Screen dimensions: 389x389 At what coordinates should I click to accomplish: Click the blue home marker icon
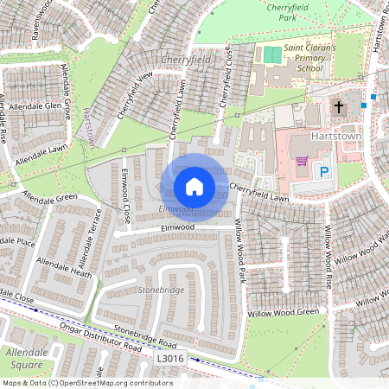point(194,187)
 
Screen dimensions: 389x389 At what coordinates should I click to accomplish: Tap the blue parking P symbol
point(325,173)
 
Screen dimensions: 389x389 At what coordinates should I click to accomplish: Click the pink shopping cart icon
point(302,162)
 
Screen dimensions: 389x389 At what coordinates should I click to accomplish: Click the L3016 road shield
point(171,356)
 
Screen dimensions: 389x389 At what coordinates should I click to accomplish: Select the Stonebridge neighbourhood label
point(161,290)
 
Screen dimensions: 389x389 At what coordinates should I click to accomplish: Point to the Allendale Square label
point(27,359)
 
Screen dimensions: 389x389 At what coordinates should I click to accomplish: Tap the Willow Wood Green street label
point(284,312)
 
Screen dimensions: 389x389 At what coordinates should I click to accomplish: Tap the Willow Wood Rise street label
point(328,257)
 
